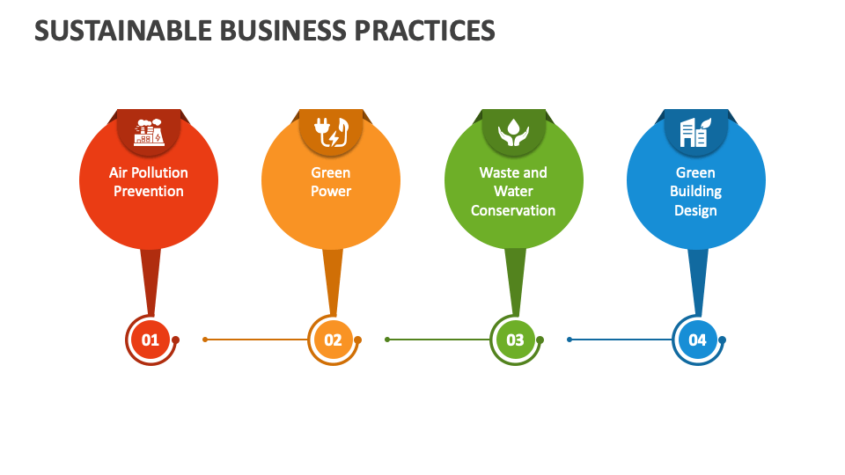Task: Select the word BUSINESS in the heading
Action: tap(284, 31)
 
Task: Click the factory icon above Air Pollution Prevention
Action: tap(149, 132)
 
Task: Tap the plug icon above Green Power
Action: tap(331, 132)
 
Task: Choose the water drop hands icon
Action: tap(513, 132)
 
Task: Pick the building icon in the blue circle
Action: tap(695, 132)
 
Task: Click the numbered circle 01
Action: tap(151, 340)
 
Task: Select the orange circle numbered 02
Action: tap(333, 340)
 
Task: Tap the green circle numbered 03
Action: tap(515, 340)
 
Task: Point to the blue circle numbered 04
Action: tap(697, 340)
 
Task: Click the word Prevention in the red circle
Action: tap(149, 192)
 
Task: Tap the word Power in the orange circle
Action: tap(331, 192)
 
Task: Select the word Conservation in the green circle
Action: tap(513, 211)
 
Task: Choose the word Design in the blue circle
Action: tap(695, 211)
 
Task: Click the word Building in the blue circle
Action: tap(695, 192)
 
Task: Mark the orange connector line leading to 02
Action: tap(255, 340)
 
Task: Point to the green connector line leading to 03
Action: tap(437, 340)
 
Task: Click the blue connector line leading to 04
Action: tap(620, 340)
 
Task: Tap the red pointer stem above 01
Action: tap(151, 277)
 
